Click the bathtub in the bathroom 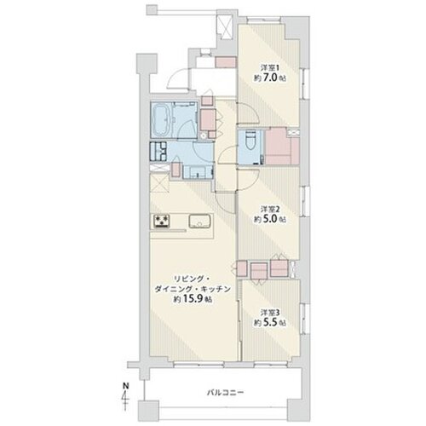[x=161, y=120]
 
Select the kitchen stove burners [x=162, y=221]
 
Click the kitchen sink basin [x=200, y=221]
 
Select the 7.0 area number [x=270, y=78]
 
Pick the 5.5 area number [x=270, y=323]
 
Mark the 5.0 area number [x=270, y=220]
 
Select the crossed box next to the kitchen [x=159, y=183]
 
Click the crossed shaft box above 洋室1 [x=225, y=27]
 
